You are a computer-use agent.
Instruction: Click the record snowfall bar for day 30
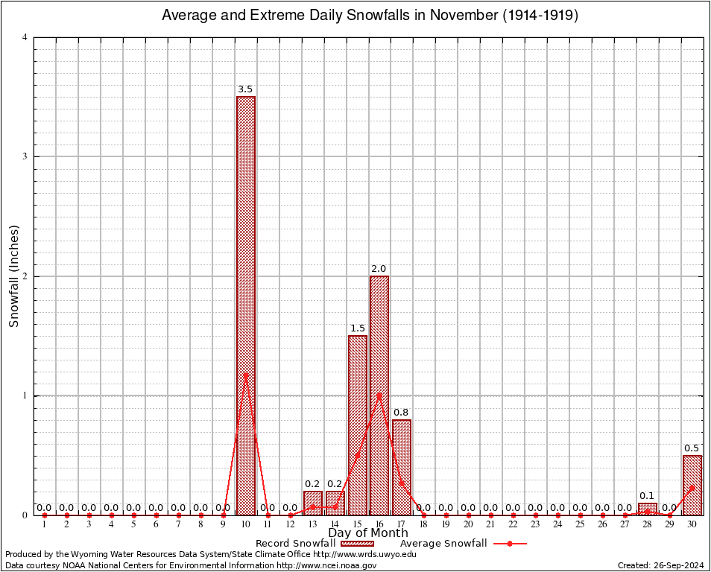pos(692,485)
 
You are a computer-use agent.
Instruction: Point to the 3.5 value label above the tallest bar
pos(245,89)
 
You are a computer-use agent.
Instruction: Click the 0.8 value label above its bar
pos(401,413)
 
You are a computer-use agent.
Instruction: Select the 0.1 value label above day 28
pos(647,496)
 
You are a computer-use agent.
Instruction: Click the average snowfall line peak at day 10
pos(246,375)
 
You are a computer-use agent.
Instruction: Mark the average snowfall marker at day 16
pos(379,395)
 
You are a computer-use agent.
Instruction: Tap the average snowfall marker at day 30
pos(692,488)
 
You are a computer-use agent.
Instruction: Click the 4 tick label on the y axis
pos(25,37)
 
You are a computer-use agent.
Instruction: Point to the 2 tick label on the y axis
pos(25,276)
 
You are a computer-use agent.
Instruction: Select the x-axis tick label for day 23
pos(535,524)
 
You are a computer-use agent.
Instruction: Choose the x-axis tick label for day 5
pos(133,524)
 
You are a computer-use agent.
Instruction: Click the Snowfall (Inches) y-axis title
pos(13,276)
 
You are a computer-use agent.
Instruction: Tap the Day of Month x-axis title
pos(368,533)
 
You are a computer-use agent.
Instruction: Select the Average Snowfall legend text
pos(443,544)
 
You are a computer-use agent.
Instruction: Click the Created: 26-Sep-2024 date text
pos(661,565)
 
